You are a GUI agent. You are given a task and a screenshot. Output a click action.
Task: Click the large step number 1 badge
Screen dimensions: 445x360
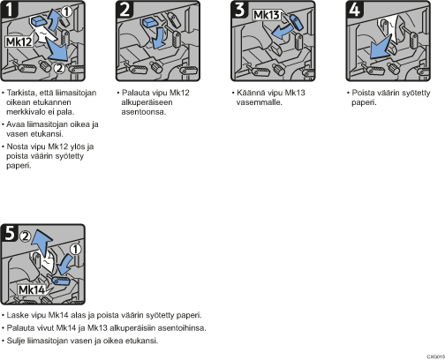pyautogui.click(x=10, y=10)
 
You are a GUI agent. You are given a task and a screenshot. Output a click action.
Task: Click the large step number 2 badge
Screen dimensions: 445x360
pyautogui.click(x=124, y=10)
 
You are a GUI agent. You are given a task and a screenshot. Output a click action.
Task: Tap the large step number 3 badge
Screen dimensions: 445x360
pyautogui.click(x=239, y=10)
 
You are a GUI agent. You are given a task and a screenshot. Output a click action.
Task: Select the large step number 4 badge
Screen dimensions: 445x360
pyautogui.click(x=355, y=10)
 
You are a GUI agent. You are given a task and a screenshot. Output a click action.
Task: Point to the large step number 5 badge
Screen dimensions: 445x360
pyautogui.click(x=10, y=233)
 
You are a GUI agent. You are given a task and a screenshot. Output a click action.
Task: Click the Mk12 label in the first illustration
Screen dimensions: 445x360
pyautogui.click(x=19, y=41)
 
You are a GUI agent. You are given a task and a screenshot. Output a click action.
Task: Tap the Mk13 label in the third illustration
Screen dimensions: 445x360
pyautogui.click(x=267, y=15)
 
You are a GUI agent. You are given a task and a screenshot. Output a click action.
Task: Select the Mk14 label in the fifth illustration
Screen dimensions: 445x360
pyautogui.click(x=32, y=290)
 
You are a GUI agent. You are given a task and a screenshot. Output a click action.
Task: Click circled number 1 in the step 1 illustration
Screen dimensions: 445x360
pyautogui.click(x=66, y=12)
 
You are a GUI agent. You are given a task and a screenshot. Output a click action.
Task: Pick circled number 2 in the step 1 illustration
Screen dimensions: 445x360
pyautogui.click(x=59, y=68)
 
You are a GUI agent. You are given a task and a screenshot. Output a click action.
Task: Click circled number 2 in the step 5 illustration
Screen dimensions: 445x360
pyautogui.click(x=26, y=236)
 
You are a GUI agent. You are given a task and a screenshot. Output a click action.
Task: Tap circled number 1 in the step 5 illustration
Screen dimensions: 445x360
pyautogui.click(x=76, y=250)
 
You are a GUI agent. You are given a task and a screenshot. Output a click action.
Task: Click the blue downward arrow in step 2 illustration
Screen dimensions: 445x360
pyautogui.click(x=159, y=38)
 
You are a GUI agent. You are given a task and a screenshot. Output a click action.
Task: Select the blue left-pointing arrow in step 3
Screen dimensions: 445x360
pyautogui.click(x=282, y=32)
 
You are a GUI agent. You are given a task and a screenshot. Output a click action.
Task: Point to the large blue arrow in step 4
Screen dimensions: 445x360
pyautogui.click(x=381, y=47)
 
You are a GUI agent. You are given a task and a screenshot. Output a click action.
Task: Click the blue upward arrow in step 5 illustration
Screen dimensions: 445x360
pyautogui.click(x=42, y=243)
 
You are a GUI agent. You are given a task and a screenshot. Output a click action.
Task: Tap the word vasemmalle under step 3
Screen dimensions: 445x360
pyautogui.click(x=260, y=102)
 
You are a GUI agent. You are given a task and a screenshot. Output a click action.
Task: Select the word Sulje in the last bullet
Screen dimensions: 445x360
pyautogui.click(x=16, y=341)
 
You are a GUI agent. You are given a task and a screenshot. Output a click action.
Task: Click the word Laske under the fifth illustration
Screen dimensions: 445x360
pyautogui.click(x=18, y=315)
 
